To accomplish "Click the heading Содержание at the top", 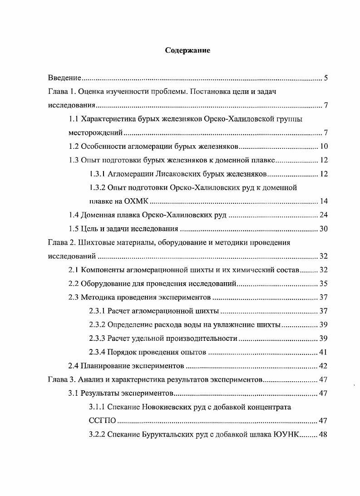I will click(187, 51).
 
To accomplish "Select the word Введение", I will click(64, 78).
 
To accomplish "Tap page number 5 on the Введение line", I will click(325, 78).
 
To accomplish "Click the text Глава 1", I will click(62, 92).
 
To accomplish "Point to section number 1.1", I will click(74, 119).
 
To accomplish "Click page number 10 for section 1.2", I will click(323, 147).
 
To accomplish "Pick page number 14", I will click(323, 201).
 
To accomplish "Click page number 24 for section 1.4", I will click(323, 215).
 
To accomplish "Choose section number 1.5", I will click(74, 229).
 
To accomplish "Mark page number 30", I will click(323, 229).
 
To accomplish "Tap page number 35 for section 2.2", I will click(323, 284).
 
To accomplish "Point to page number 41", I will click(323, 352).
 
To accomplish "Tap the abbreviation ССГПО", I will click(100, 421).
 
